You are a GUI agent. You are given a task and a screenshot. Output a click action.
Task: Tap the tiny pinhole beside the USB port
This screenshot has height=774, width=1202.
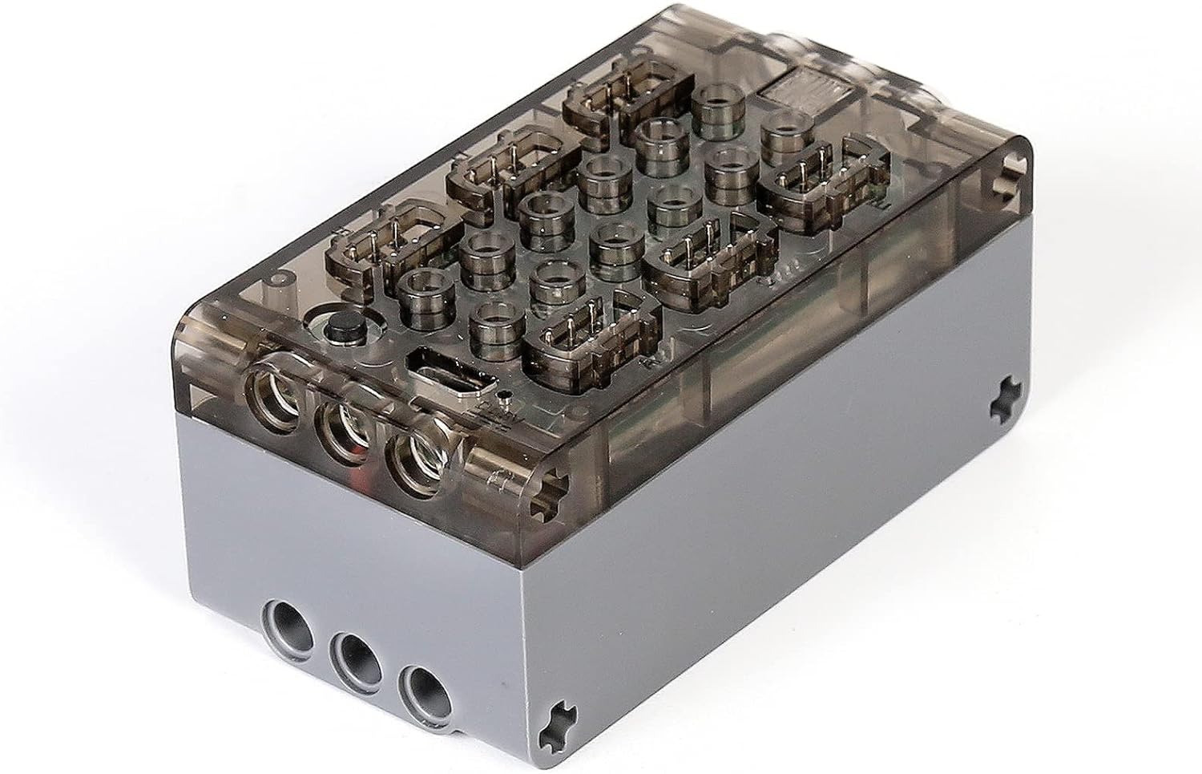pos(502,395)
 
